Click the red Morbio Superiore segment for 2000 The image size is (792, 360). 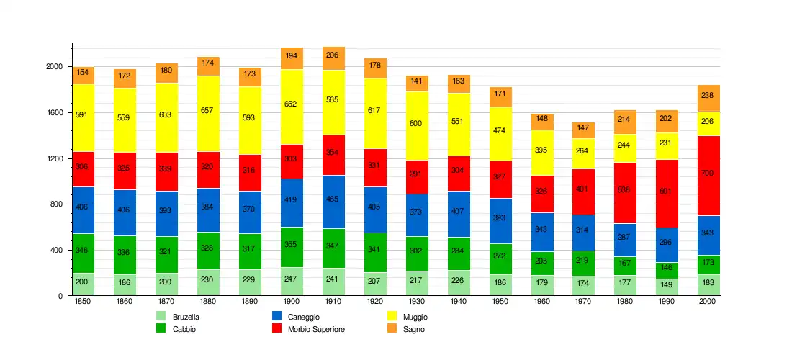coord(708,175)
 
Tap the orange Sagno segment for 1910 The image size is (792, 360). coord(333,58)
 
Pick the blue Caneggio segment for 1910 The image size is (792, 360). coord(333,202)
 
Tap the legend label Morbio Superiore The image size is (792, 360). coord(316,329)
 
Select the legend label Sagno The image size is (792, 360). coord(414,329)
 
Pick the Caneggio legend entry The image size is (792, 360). coord(303,317)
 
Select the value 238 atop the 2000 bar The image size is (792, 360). coord(708,96)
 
